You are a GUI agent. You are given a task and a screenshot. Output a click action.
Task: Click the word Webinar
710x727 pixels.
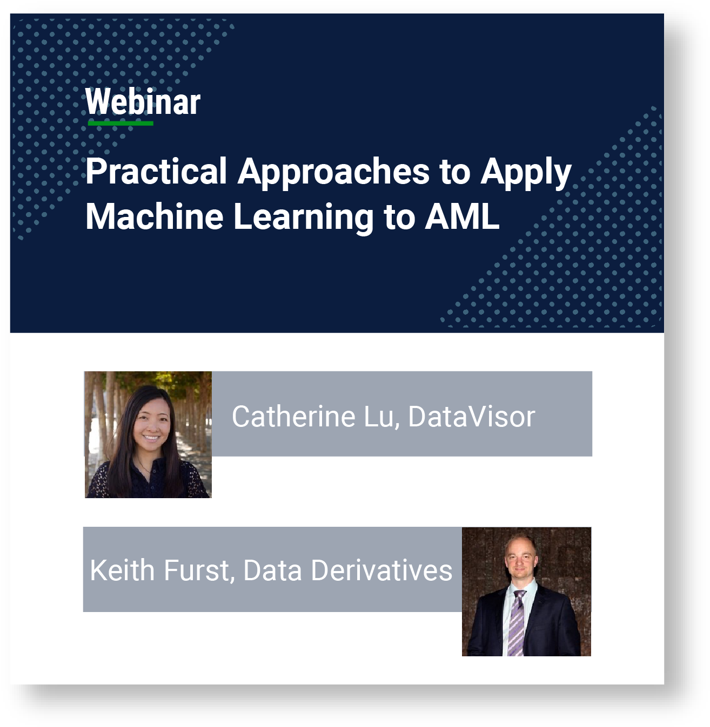(x=143, y=101)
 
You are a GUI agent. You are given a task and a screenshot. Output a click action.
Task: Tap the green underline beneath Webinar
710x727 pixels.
(x=120, y=123)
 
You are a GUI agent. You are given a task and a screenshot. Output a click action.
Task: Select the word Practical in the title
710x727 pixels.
(x=156, y=172)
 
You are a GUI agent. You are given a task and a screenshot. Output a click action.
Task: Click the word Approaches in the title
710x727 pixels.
(x=334, y=173)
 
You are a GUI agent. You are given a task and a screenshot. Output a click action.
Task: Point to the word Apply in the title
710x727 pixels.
(x=526, y=173)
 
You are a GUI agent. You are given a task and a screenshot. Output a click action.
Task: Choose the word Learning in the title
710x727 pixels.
(x=303, y=218)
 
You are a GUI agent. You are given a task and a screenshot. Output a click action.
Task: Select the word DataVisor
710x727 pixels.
(x=472, y=416)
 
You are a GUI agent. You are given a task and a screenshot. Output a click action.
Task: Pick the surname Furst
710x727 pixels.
(x=199, y=571)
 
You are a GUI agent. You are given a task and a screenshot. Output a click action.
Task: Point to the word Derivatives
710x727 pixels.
(x=381, y=570)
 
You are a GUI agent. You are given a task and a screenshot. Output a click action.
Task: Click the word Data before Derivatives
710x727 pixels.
(x=273, y=570)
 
